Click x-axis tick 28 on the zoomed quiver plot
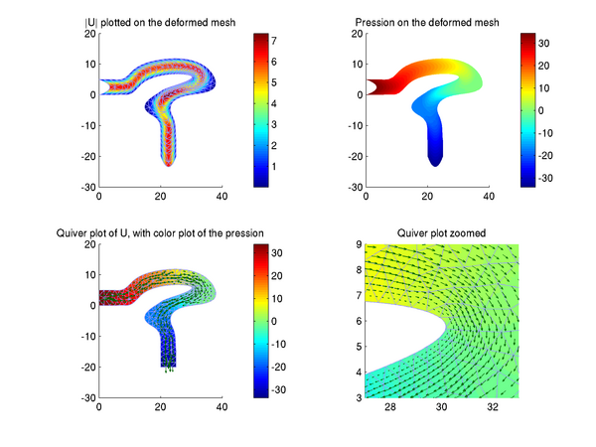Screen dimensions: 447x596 point(390,408)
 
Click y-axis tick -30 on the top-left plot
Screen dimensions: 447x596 point(87,187)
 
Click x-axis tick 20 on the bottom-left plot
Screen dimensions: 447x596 point(159,408)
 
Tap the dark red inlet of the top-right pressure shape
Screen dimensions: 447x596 point(377,87)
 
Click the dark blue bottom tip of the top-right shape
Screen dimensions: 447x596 point(434,159)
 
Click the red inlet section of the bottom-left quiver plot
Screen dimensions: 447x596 point(114,298)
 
